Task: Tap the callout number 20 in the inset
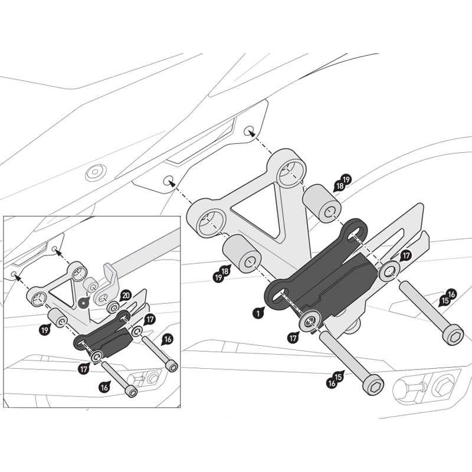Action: (x=125, y=294)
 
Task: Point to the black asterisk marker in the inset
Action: (x=84, y=302)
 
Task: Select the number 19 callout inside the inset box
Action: (x=45, y=330)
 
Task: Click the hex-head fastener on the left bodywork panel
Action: (x=94, y=173)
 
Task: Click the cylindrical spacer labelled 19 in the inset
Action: (x=59, y=319)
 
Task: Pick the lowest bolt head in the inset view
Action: (x=131, y=392)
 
